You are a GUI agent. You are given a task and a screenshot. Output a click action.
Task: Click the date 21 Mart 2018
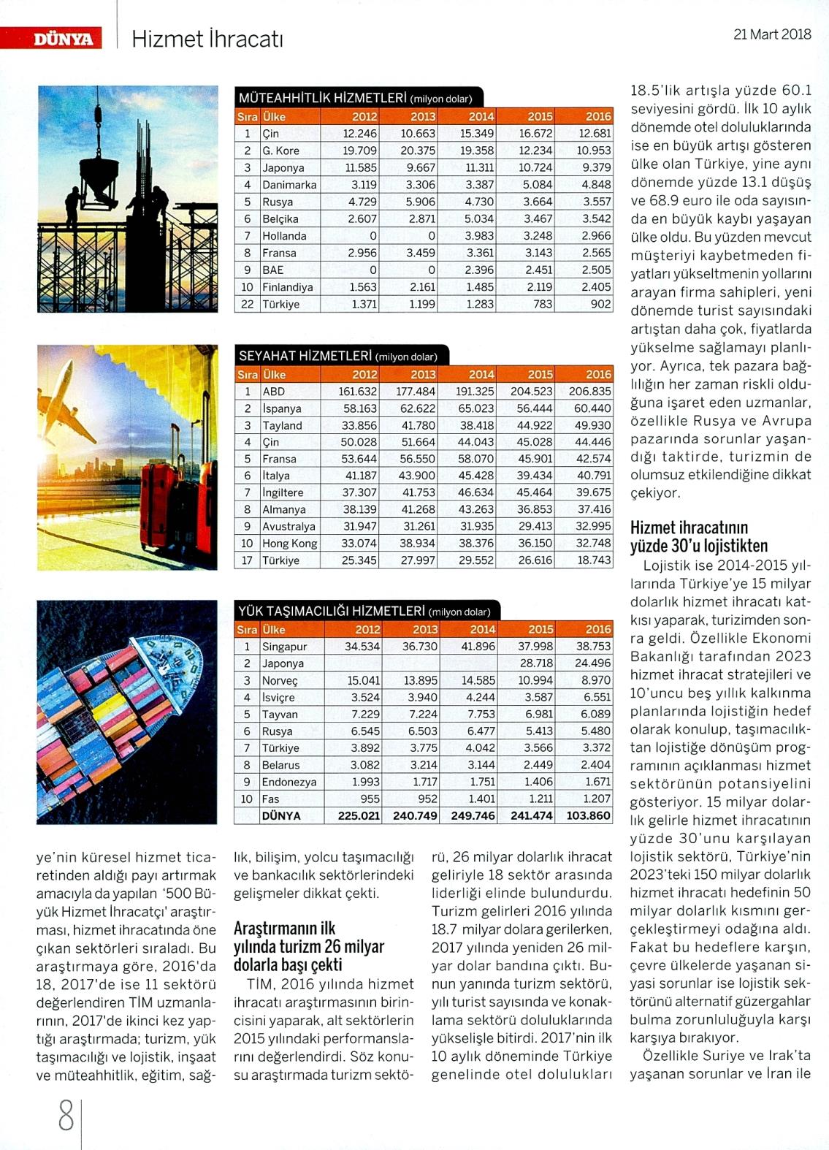pyautogui.click(x=772, y=34)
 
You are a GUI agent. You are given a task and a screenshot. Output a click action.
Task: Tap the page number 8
pyautogui.click(x=66, y=1116)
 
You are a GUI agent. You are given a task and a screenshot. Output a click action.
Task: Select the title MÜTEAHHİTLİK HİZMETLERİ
pyautogui.click(x=322, y=98)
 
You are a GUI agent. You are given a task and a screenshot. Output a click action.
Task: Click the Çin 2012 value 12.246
pyautogui.click(x=359, y=134)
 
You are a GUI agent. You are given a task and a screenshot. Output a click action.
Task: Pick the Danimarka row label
pyautogui.click(x=289, y=185)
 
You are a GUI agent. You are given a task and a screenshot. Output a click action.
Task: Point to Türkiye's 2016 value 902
pyautogui.click(x=601, y=304)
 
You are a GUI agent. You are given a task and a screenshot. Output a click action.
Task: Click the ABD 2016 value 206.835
pyautogui.click(x=589, y=392)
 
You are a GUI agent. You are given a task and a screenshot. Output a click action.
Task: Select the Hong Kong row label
pyautogui.click(x=290, y=544)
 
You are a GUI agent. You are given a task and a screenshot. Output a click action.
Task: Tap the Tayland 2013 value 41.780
pyautogui.click(x=418, y=425)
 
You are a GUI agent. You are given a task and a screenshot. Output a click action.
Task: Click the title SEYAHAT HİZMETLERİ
pyautogui.click(x=305, y=357)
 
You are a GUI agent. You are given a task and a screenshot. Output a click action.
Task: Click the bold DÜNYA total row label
pyautogui.click(x=281, y=815)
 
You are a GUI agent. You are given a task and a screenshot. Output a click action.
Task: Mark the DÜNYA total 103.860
pyautogui.click(x=588, y=815)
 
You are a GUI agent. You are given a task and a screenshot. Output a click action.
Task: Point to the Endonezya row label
pyautogui.click(x=289, y=782)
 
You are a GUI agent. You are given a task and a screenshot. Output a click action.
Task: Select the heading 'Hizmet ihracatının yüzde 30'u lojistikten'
pyautogui.click(x=689, y=537)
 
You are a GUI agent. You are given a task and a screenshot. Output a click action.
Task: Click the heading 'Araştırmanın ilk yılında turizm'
pyautogui.click(x=308, y=946)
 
